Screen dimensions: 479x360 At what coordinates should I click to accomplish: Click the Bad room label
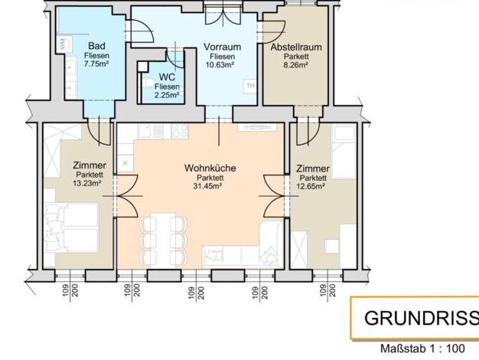[96, 46]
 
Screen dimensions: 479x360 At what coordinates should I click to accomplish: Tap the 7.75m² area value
[96, 64]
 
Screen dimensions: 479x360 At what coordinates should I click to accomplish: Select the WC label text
[167, 77]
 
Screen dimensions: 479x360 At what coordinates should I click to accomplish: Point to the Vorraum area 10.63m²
[222, 65]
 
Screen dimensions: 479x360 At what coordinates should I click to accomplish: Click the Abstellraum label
[296, 47]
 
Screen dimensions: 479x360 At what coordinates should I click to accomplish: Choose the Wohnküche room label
[210, 168]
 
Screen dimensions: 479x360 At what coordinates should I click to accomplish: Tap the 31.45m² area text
[207, 186]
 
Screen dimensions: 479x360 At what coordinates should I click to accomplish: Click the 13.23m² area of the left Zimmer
[87, 183]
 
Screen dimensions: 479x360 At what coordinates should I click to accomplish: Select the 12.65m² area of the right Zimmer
[311, 186]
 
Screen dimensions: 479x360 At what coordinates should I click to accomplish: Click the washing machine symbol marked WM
[64, 44]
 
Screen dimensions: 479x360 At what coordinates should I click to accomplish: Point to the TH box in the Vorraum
[250, 86]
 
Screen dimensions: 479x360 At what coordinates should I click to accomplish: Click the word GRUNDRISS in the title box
[422, 318]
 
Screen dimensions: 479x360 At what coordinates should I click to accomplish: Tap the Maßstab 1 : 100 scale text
[422, 349]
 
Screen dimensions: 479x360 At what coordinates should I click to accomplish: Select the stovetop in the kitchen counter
[181, 131]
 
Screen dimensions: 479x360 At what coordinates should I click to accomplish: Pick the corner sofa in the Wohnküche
[243, 244]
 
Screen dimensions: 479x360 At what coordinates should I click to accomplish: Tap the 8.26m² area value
[295, 65]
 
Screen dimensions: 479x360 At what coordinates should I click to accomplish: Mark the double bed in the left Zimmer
[72, 227]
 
